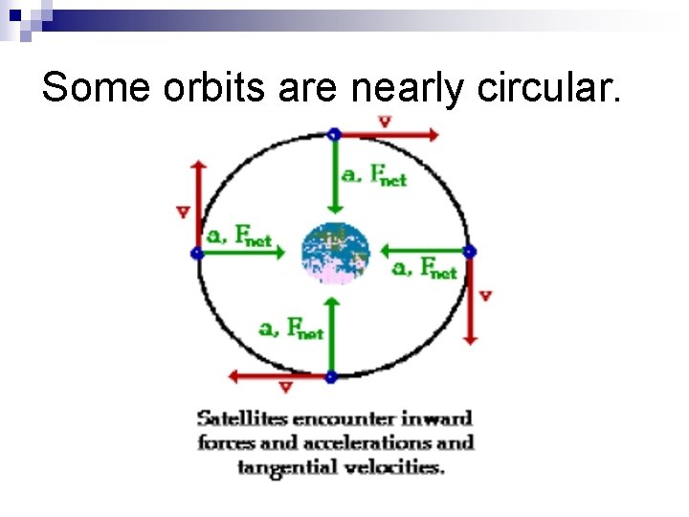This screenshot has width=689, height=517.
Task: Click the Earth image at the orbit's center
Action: pos(336,253)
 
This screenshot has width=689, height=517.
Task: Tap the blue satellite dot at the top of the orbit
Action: pos(333,134)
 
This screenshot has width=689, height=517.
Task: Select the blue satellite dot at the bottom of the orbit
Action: pos(331,377)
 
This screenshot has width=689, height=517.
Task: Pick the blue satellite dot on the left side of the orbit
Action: pos(196,253)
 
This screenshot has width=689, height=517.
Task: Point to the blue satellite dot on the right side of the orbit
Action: pos(469,252)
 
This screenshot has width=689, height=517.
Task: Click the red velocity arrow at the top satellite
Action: pos(387,135)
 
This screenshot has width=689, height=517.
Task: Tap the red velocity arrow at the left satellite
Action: pos(198,206)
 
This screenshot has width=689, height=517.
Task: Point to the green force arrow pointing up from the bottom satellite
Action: pos(331,335)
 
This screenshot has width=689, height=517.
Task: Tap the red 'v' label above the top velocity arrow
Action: pos(384,122)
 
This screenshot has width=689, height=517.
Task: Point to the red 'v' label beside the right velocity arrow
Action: pos(485,296)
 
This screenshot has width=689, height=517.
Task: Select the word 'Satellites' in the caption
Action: pos(243,418)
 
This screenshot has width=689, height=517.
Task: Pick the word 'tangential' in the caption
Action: pos(282,467)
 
